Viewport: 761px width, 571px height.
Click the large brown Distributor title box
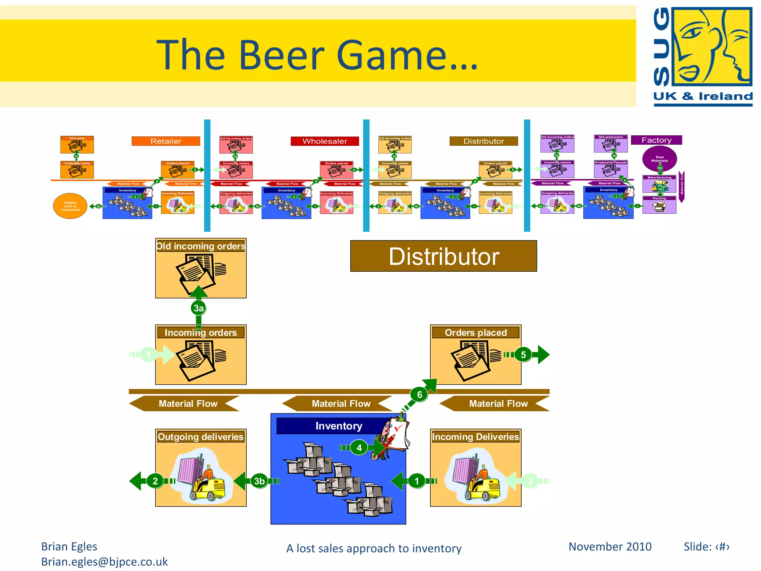click(443, 256)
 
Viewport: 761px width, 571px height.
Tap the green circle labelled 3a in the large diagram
click(198, 308)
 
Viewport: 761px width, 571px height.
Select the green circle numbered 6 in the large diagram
click(420, 394)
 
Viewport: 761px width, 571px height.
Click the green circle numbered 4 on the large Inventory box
click(359, 448)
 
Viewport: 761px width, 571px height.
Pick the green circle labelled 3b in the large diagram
click(259, 481)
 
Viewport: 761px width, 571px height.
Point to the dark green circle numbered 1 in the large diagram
click(417, 481)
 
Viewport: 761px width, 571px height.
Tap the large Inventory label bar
click(338, 426)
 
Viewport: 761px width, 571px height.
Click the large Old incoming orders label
click(201, 246)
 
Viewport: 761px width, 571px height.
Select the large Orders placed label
click(476, 332)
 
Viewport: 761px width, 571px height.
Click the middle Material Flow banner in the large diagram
click(341, 404)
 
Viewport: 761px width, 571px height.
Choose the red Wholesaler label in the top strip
click(325, 141)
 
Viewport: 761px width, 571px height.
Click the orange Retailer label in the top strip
click(166, 141)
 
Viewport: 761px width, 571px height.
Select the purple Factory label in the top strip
click(656, 140)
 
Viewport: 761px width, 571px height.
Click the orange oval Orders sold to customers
click(70, 206)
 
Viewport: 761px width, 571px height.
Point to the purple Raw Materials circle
click(659, 159)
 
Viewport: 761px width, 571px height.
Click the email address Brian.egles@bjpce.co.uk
click(104, 562)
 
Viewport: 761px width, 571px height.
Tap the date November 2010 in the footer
click(610, 546)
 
